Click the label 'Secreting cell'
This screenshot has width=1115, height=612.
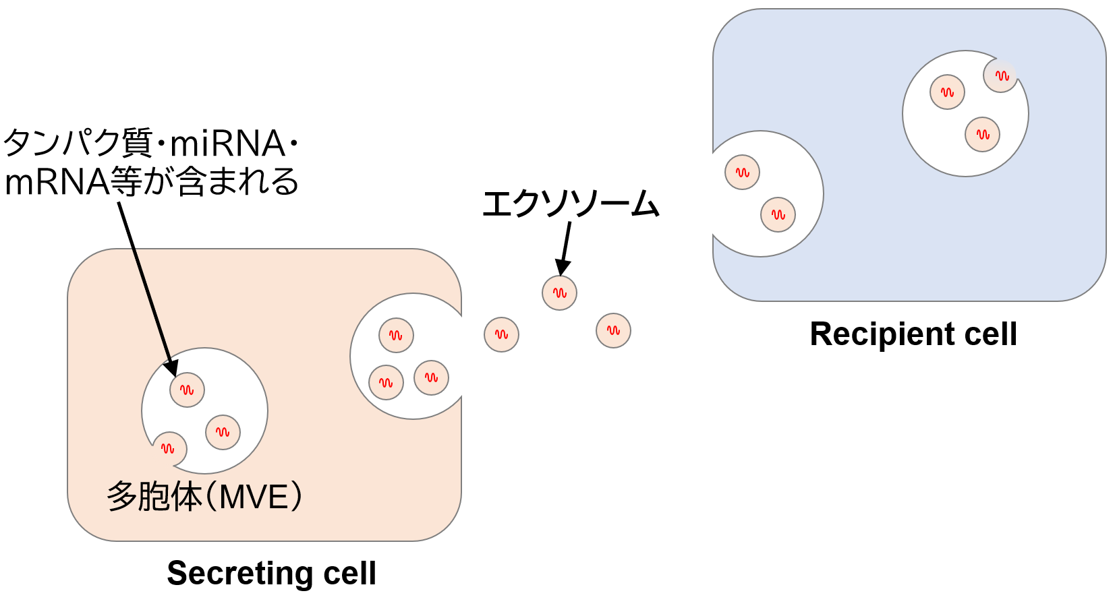(271, 574)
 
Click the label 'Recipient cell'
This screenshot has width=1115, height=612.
(913, 334)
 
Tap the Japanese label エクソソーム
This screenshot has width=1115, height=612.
(570, 204)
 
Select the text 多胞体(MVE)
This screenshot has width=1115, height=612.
(204, 497)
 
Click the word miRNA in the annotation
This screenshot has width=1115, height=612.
(227, 144)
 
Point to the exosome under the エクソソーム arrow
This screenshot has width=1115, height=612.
(559, 293)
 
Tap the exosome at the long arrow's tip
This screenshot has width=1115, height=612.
(187, 390)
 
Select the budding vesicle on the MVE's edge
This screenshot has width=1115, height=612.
(169, 449)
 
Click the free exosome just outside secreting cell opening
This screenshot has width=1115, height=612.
(501, 334)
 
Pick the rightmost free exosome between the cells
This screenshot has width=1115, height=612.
(613, 330)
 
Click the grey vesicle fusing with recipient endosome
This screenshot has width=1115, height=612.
(1000, 75)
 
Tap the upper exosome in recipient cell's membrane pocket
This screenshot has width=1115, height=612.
(742, 173)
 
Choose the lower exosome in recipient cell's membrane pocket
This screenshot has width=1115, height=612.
(778, 215)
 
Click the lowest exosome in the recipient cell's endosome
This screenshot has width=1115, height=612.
(982, 134)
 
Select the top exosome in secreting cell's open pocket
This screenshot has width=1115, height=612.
(396, 335)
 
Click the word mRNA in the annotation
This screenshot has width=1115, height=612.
(57, 182)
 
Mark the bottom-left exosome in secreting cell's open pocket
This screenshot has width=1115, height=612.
(386, 383)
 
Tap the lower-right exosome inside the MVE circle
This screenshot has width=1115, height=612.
(223, 432)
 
